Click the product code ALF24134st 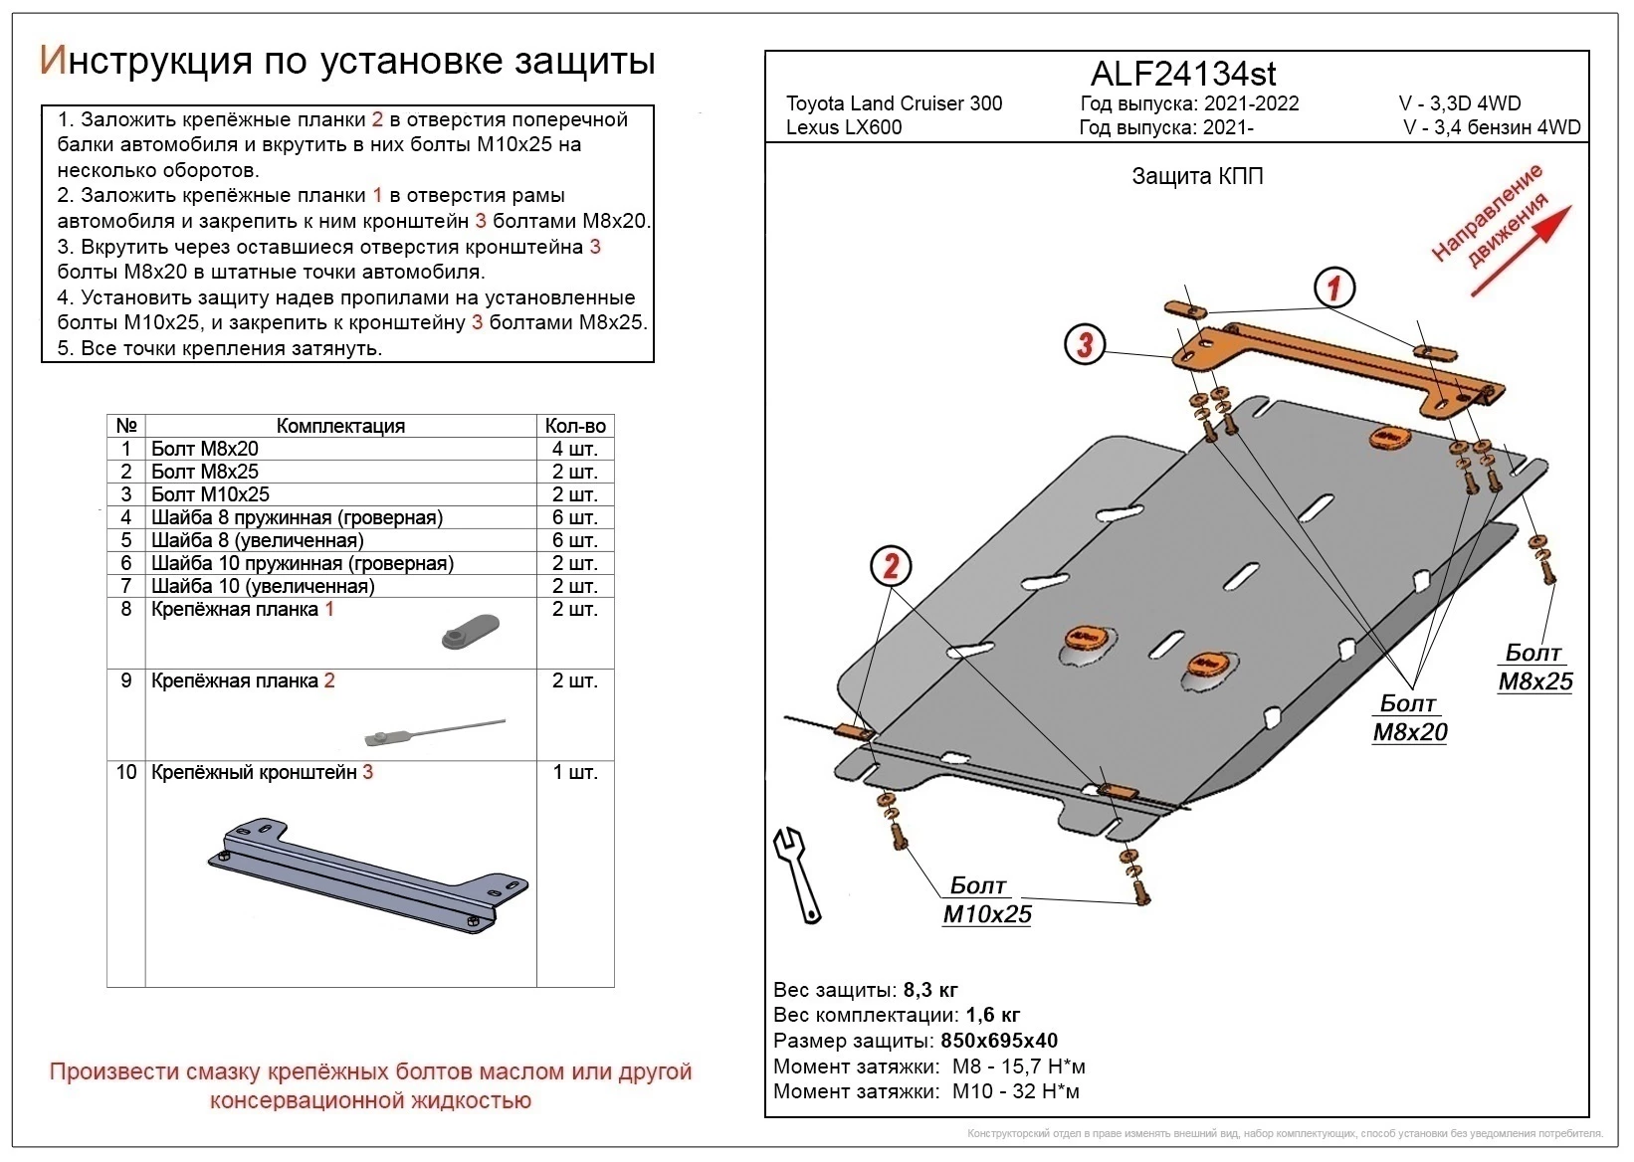[1182, 74]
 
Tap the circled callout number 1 [1334, 288]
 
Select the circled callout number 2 [891, 566]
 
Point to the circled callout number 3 [1085, 345]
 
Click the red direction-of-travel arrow [1521, 252]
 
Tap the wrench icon [798, 875]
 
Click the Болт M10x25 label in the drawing [987, 899]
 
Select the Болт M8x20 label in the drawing [1409, 717]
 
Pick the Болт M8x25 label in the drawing [1534, 667]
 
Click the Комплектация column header [340, 426]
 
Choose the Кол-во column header [575, 426]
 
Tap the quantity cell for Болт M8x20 [575, 449]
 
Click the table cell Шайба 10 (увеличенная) [263, 586]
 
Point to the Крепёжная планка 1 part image [471, 632]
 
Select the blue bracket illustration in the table [368, 875]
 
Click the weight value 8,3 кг [930, 990]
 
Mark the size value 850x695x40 [999, 1041]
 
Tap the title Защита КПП [1197, 176]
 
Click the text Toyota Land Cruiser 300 [895, 103]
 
